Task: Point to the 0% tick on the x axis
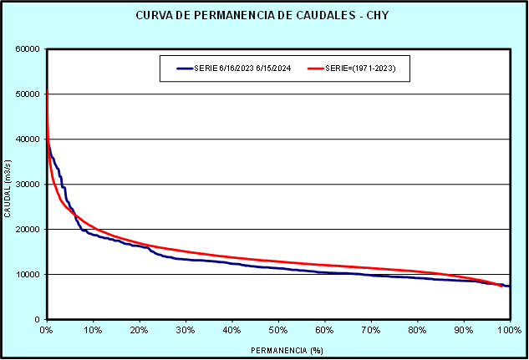[47, 331]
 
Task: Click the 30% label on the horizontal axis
[186, 331]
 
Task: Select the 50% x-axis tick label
[278, 331]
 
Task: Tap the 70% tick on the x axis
[371, 331]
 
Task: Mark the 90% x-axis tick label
[463, 331]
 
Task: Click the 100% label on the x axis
[508, 331]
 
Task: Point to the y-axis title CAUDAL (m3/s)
[8, 184]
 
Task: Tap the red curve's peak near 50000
[47, 90]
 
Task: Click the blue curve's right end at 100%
[509, 286]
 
